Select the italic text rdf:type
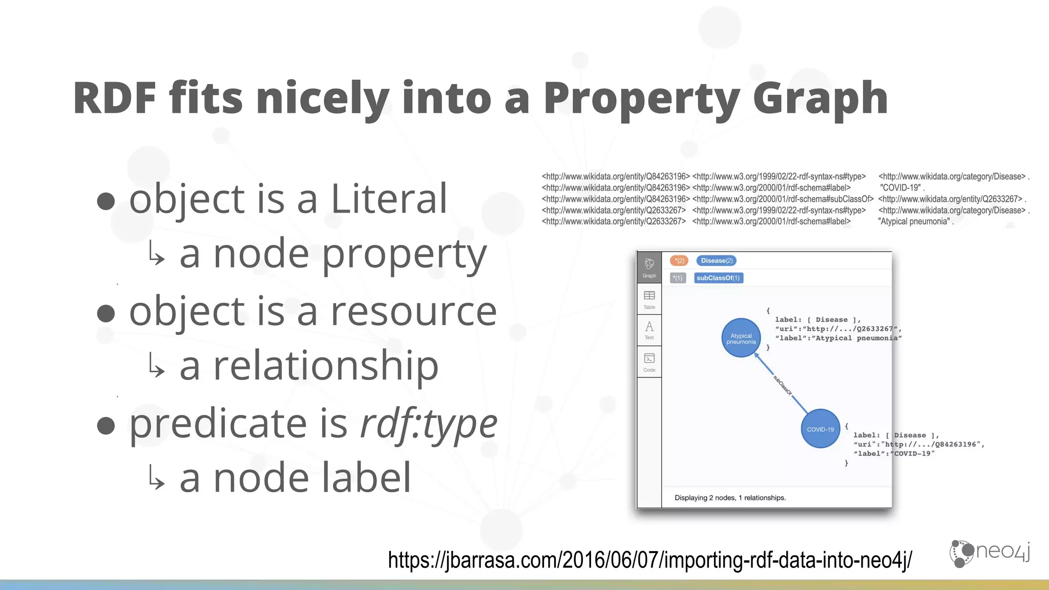click(429, 424)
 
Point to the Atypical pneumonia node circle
click(741, 339)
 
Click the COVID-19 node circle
click(820, 429)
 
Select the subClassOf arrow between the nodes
click(782, 384)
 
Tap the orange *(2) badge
click(679, 261)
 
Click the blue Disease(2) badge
click(717, 261)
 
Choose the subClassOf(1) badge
click(718, 278)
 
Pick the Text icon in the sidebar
click(649, 330)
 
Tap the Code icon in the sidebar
click(649, 362)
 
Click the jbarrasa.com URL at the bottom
click(649, 560)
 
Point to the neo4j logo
click(990, 553)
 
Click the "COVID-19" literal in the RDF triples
click(900, 188)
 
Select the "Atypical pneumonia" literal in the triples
click(914, 222)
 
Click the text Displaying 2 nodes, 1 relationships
click(730, 498)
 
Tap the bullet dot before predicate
click(106, 425)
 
